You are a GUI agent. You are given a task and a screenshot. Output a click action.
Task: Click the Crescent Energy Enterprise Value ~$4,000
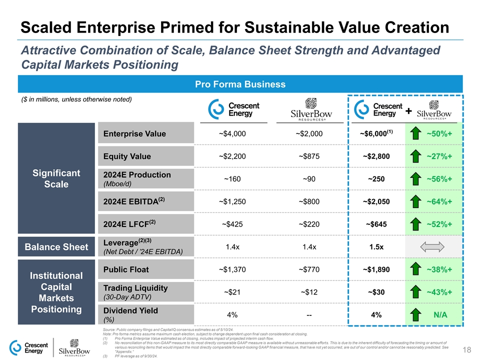tap(232, 134)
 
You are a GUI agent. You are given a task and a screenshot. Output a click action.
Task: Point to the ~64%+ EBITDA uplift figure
tap(439, 202)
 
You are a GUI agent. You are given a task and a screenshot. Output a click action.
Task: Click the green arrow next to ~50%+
tap(416, 134)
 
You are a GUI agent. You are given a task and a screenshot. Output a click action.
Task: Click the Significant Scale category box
tap(56, 178)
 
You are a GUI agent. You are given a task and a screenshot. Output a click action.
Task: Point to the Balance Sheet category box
tap(56, 247)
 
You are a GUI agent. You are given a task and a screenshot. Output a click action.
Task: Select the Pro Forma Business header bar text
tap(240, 84)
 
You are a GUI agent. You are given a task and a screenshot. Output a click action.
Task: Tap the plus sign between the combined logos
tap(409, 111)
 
